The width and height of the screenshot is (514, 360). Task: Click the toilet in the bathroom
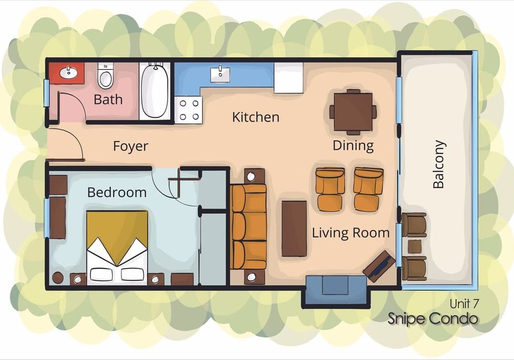(x=105, y=76)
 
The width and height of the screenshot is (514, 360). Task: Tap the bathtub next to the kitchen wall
(x=155, y=91)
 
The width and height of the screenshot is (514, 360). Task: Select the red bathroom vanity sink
(x=67, y=73)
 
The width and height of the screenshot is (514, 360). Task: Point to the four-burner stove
(x=189, y=110)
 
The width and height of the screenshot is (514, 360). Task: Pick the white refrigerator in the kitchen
(x=288, y=78)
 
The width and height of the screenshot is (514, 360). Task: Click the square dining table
(x=353, y=112)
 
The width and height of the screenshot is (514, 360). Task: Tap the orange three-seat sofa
(x=249, y=227)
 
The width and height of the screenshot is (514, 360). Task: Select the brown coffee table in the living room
(x=295, y=228)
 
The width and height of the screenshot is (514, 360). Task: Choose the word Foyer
(x=131, y=146)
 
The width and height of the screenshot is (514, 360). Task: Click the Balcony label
(x=438, y=164)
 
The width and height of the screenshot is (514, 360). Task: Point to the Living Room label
(x=351, y=233)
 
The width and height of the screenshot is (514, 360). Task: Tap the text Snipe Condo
(x=433, y=318)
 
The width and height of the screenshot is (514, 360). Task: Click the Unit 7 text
(x=464, y=303)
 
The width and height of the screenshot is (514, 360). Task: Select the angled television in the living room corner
(x=379, y=266)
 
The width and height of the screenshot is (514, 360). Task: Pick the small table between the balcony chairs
(x=415, y=246)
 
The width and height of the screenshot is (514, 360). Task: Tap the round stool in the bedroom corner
(x=58, y=278)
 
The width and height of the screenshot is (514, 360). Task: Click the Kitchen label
(x=255, y=117)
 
